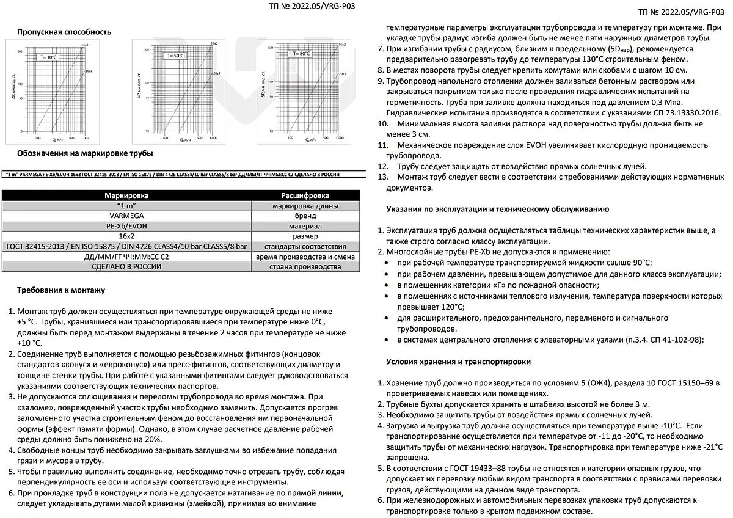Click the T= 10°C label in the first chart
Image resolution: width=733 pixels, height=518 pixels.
[49, 57]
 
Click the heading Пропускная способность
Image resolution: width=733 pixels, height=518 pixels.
[64, 32]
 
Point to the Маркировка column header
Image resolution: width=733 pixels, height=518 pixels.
[126, 195]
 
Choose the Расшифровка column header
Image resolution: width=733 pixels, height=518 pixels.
[305, 195]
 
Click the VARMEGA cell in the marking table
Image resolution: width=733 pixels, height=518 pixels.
[126, 216]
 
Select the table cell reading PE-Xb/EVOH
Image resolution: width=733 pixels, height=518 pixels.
[126, 226]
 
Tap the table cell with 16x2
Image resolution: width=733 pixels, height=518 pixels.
[126, 236]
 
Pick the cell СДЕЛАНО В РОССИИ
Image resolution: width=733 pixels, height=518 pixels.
[126, 267]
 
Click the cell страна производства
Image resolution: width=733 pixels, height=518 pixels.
[305, 267]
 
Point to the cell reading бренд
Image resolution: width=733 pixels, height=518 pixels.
[305, 216]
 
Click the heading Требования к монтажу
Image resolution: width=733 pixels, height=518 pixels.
[61, 290]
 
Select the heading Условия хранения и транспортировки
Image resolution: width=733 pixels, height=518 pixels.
[458, 362]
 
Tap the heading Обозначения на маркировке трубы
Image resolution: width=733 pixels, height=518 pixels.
[85, 153]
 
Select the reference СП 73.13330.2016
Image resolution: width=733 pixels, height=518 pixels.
[684, 113]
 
